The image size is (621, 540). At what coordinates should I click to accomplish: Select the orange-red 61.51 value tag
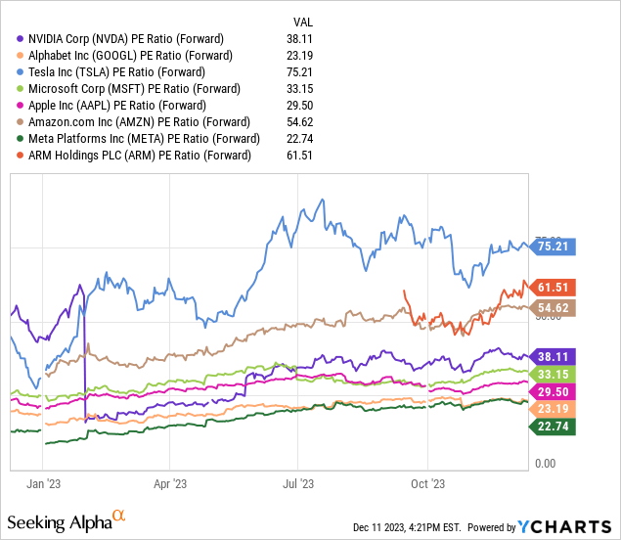(556, 287)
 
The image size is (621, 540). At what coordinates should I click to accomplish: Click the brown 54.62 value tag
(556, 307)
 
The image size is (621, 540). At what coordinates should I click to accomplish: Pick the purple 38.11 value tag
(556, 357)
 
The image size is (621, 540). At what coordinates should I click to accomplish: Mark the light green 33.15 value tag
(556, 374)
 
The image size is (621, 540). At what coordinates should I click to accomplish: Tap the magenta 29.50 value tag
(556, 390)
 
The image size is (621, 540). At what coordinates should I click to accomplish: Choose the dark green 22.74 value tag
(556, 426)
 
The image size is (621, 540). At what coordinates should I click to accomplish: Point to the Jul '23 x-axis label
(298, 483)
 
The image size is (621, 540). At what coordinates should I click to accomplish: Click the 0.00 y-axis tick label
(546, 463)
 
